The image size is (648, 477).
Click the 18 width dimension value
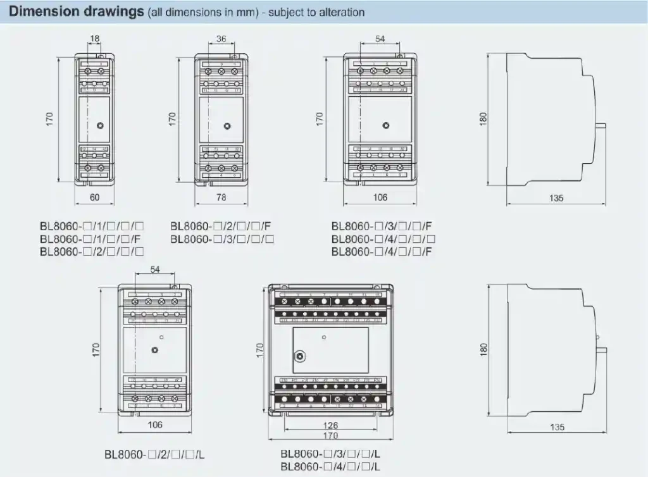pos(94,39)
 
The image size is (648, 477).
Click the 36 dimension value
pos(221,39)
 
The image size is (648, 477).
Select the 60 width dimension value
pos(94,197)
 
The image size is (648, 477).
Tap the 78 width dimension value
pos(221,197)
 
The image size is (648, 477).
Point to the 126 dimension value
pos(330,425)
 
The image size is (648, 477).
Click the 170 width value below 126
pos(330,435)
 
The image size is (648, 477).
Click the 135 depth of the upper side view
pos(556,198)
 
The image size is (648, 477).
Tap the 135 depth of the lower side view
pos(556,427)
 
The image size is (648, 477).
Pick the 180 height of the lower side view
pos(484,349)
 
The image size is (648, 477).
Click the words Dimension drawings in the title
pos(77,12)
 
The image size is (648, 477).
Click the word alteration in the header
pos(340,13)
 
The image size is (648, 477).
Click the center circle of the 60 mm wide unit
pos(100,126)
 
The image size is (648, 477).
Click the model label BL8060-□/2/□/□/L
pos(154,454)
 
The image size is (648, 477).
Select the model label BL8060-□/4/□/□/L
pos(330,466)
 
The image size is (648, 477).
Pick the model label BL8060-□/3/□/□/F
pos(382,226)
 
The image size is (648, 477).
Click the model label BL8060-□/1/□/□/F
pos(90,238)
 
